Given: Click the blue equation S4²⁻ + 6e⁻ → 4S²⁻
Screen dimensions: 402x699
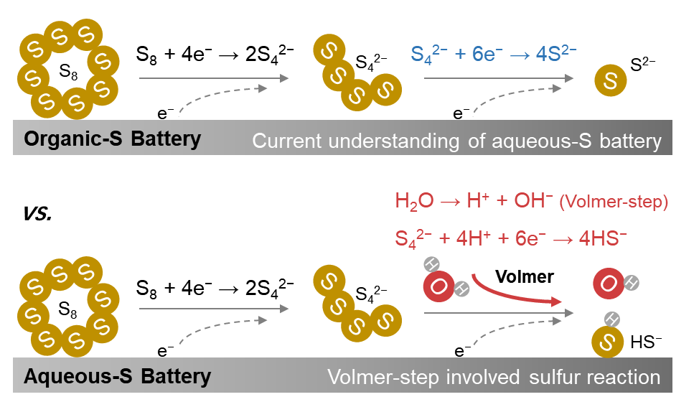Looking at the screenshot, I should coord(494,55).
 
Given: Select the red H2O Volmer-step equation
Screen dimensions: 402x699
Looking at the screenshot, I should coord(531,202).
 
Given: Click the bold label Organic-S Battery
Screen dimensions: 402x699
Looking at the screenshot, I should coord(113,139).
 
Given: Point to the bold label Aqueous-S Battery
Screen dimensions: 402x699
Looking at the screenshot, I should coord(118,376).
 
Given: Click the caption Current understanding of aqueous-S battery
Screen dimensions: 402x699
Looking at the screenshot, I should coord(456,140).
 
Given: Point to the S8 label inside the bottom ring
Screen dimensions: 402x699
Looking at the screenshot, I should coord(67,311).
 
